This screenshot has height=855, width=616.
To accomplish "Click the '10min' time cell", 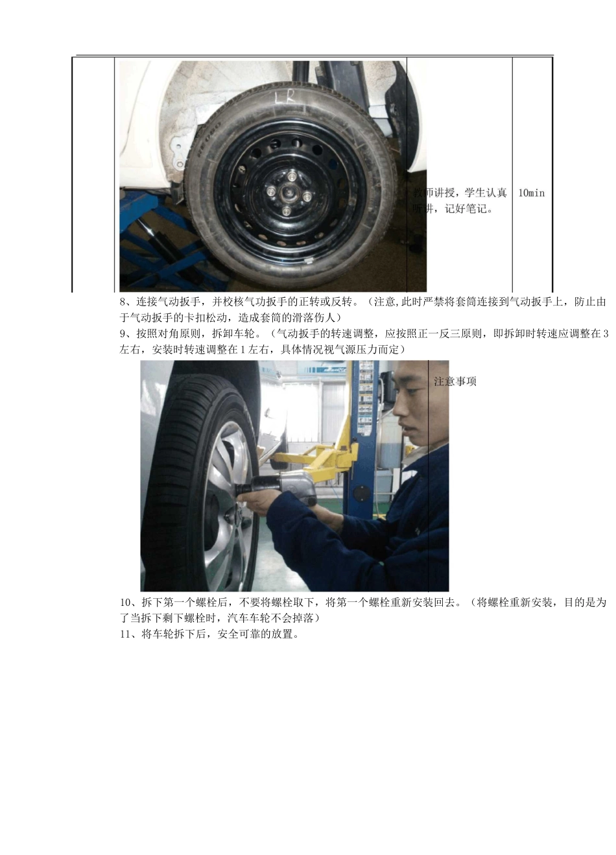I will coord(532,193).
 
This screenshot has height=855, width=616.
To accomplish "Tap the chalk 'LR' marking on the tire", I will coord(285,97).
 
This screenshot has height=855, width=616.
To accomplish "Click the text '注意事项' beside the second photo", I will coord(455,381).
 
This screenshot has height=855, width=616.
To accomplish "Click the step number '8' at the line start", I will coord(123,302).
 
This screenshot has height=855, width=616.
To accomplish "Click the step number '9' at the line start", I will coord(123,334).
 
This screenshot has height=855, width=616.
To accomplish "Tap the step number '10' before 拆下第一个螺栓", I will coord(126,603).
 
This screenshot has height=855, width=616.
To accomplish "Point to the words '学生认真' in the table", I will coord(486,193).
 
